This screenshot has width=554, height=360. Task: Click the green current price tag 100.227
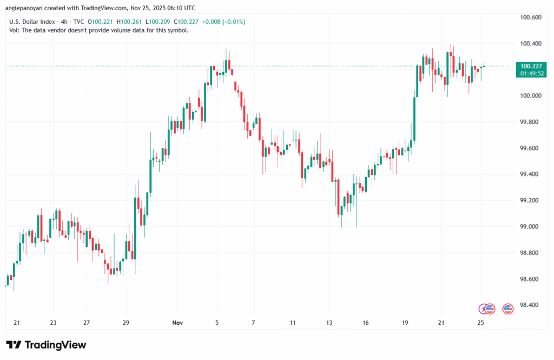(x=533, y=66)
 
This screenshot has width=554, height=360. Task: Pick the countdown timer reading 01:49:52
(x=533, y=73)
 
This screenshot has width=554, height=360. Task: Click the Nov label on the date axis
(x=178, y=323)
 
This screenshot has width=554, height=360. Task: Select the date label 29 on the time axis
(x=126, y=323)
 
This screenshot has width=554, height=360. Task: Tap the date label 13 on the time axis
(x=329, y=323)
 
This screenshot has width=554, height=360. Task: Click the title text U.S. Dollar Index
(x=33, y=22)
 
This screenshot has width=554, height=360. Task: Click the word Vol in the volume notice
(x=14, y=30)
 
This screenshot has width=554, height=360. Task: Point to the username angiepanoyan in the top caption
(x=25, y=8)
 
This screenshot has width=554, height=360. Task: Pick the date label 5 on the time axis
(x=217, y=323)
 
